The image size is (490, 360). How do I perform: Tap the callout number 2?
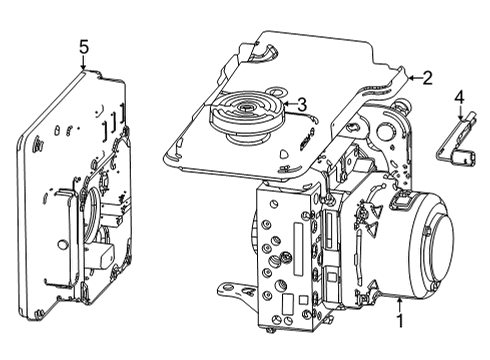(427, 77)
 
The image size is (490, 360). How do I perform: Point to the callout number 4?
(459, 97)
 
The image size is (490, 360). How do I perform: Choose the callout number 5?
(84, 46)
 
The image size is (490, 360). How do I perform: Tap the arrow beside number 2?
(411, 76)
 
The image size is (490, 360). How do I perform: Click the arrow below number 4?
(459, 114)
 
